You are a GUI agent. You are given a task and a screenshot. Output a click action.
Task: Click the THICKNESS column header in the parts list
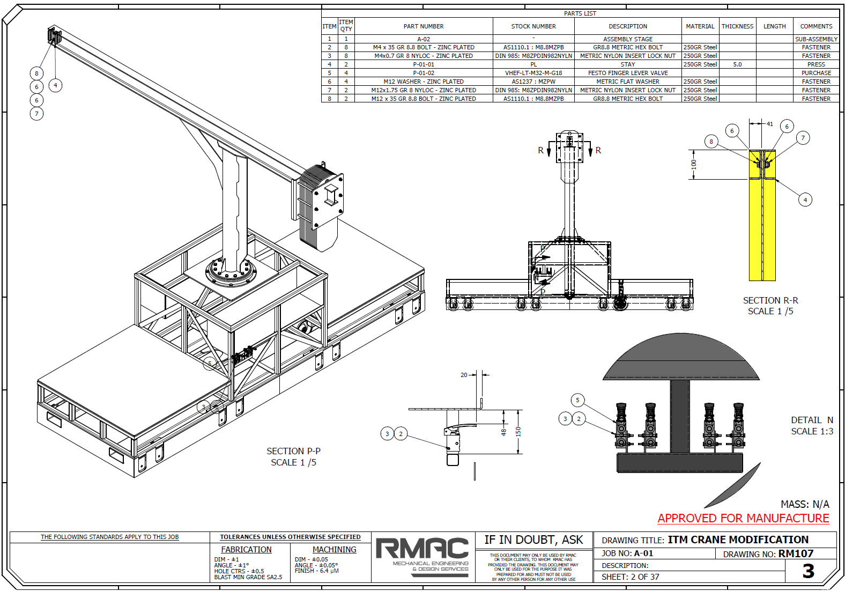click(737, 26)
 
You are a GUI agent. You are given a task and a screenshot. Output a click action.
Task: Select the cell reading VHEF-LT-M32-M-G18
click(533, 73)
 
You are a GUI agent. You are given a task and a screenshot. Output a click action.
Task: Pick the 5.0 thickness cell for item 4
click(737, 64)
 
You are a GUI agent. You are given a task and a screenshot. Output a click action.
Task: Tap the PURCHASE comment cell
click(816, 73)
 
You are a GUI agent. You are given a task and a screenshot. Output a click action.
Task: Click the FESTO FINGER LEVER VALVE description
click(628, 73)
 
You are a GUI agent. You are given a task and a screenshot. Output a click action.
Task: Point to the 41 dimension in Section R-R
click(770, 124)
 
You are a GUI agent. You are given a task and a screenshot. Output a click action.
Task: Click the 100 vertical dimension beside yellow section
click(694, 164)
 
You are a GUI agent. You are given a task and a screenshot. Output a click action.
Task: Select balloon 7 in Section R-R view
click(803, 138)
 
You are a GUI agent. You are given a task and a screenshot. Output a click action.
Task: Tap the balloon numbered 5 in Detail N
click(577, 400)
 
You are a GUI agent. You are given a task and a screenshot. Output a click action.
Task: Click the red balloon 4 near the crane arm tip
click(55, 85)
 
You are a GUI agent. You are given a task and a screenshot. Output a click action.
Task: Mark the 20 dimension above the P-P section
click(464, 375)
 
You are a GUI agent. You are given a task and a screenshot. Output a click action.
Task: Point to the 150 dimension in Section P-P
click(518, 432)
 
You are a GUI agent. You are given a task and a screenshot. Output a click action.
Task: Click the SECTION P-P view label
click(293, 452)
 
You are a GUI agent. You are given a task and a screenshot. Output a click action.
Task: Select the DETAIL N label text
click(812, 420)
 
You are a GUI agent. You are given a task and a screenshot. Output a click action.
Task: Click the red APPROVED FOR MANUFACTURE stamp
click(743, 519)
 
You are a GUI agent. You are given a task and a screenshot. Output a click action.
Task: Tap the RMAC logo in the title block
click(422, 549)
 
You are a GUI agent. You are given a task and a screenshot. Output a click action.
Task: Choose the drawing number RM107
click(796, 553)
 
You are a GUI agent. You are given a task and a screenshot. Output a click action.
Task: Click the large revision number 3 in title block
click(808, 571)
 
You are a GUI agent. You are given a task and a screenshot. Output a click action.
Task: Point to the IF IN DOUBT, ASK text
click(533, 540)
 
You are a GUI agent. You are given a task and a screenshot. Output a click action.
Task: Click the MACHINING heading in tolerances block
click(334, 550)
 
